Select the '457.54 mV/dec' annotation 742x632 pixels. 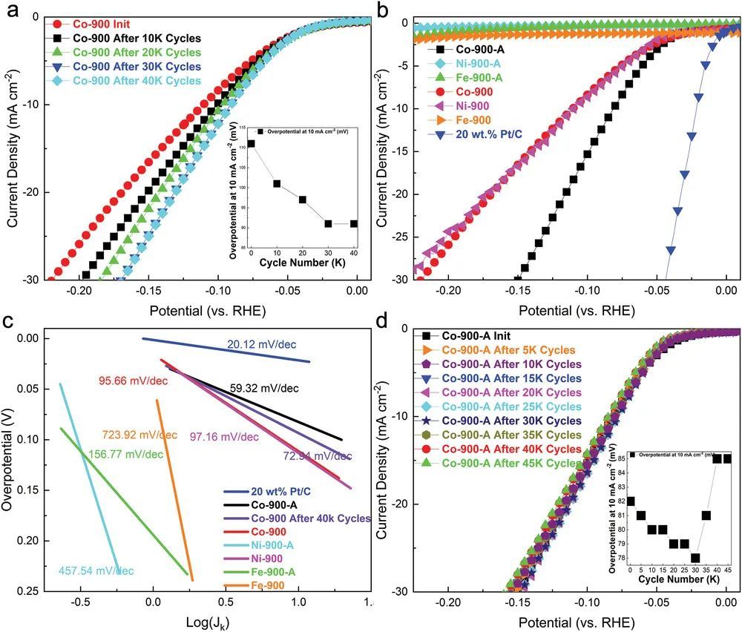(x=96, y=571)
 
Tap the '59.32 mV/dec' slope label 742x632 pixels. (x=264, y=387)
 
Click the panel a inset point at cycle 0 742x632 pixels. (x=252, y=144)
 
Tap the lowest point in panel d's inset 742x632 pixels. (x=695, y=558)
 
